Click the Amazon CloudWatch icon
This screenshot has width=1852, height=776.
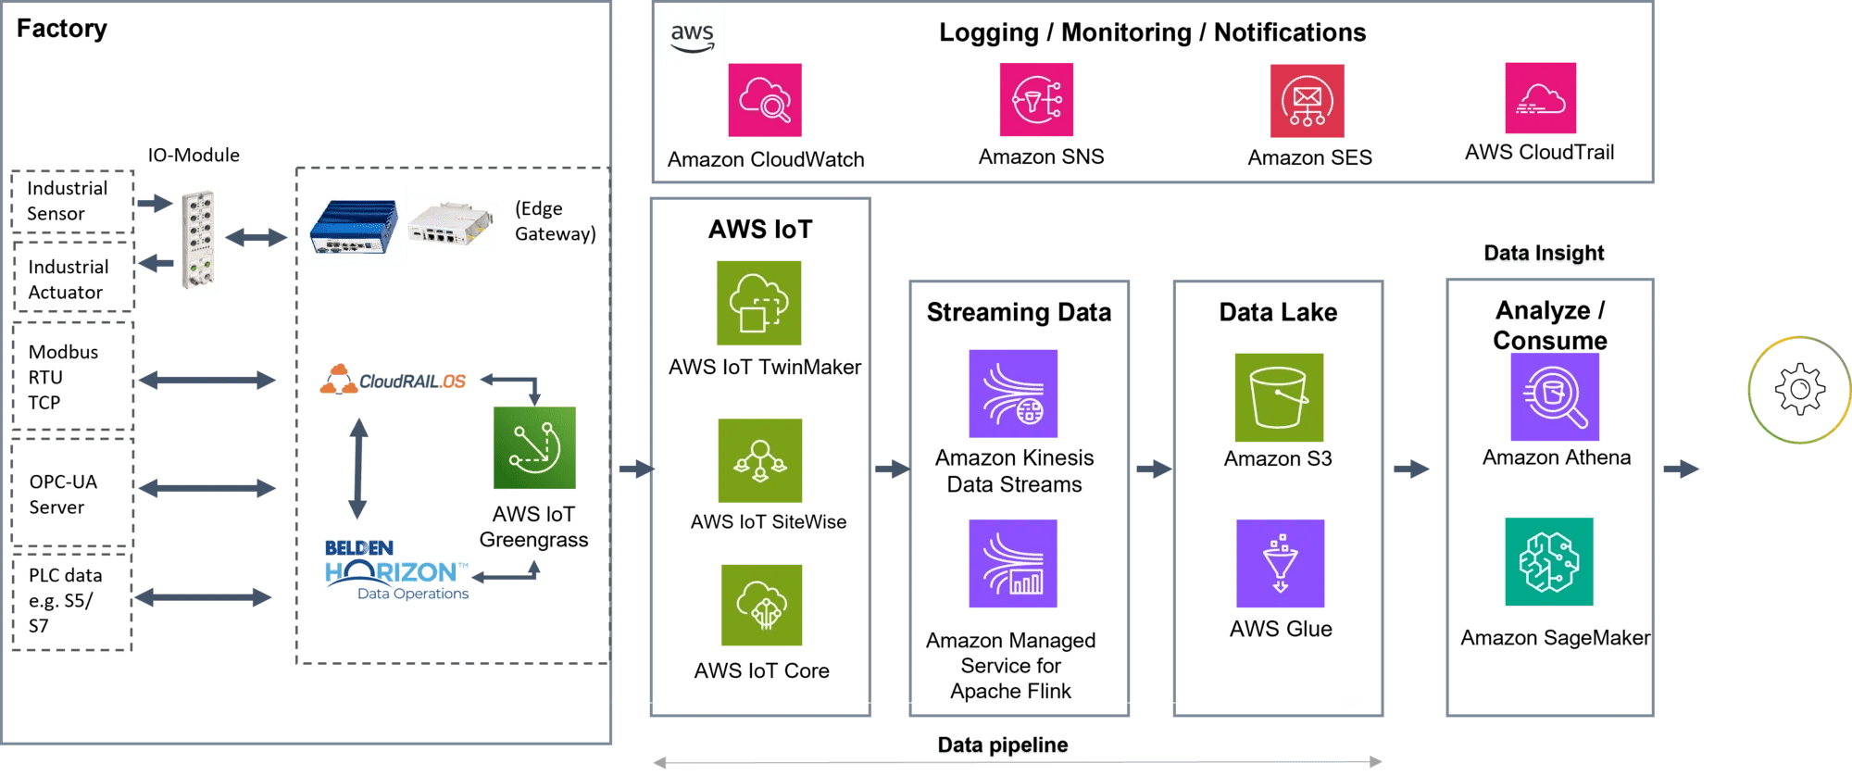(764, 100)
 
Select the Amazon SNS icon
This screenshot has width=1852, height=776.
(1036, 100)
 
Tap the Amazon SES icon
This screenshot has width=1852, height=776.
(1307, 101)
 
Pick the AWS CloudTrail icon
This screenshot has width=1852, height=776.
(1541, 99)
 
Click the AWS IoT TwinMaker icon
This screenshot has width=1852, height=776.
(759, 303)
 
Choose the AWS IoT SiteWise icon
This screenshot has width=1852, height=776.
(760, 460)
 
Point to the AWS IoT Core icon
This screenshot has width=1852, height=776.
(762, 606)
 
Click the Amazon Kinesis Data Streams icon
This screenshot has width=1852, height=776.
(1013, 394)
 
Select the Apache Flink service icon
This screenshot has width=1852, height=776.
(1013, 564)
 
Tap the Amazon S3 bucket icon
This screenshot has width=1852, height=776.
(1279, 397)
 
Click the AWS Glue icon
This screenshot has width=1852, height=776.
(1281, 564)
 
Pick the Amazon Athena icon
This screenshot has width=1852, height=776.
(1555, 397)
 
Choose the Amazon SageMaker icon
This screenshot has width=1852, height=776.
(1549, 562)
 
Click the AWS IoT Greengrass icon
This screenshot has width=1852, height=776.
(534, 448)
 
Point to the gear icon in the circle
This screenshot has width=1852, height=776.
(1799, 389)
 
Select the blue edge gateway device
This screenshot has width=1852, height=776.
(357, 226)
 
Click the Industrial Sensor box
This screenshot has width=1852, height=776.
(72, 201)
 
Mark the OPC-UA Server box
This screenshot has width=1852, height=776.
(72, 494)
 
